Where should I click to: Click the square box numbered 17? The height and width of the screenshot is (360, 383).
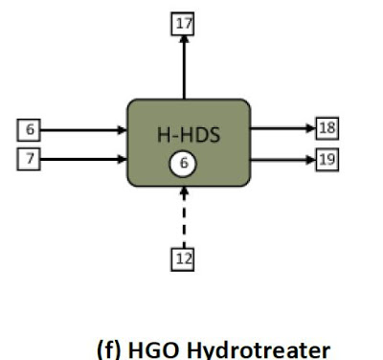pyautogui.click(x=183, y=24)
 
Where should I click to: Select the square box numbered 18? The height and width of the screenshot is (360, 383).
pyautogui.click(x=327, y=128)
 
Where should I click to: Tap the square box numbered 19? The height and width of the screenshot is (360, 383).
pyautogui.click(x=327, y=160)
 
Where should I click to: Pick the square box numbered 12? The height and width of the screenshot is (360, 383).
pyautogui.click(x=183, y=259)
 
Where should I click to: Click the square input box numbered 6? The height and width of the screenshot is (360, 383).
pyautogui.click(x=29, y=130)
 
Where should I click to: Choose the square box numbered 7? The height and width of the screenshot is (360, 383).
pyautogui.click(x=29, y=159)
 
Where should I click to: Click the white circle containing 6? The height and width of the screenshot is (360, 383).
pyautogui.click(x=183, y=164)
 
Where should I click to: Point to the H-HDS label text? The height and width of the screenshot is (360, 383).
pyautogui.click(x=189, y=135)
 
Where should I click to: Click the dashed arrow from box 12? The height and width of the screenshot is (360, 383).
pyautogui.click(x=184, y=217)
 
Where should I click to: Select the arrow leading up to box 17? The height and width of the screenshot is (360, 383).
pyautogui.click(x=184, y=67)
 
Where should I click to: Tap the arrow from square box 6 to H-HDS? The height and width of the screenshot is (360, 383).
pyautogui.click(x=84, y=130)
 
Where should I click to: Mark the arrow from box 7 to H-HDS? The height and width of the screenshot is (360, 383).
pyautogui.click(x=84, y=159)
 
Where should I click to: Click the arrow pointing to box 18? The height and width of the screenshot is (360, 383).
pyautogui.click(x=283, y=128)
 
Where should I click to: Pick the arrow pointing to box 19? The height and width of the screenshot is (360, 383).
pyautogui.click(x=283, y=160)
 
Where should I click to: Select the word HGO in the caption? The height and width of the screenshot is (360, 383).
pyautogui.click(x=153, y=350)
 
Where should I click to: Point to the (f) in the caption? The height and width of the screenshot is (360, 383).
pyautogui.click(x=108, y=350)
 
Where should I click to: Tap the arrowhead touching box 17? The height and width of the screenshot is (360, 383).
pyautogui.click(x=184, y=39)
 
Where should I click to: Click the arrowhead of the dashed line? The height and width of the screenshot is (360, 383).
pyautogui.click(x=184, y=191)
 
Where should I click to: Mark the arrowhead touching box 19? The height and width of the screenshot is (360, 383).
pyautogui.click(x=311, y=160)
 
